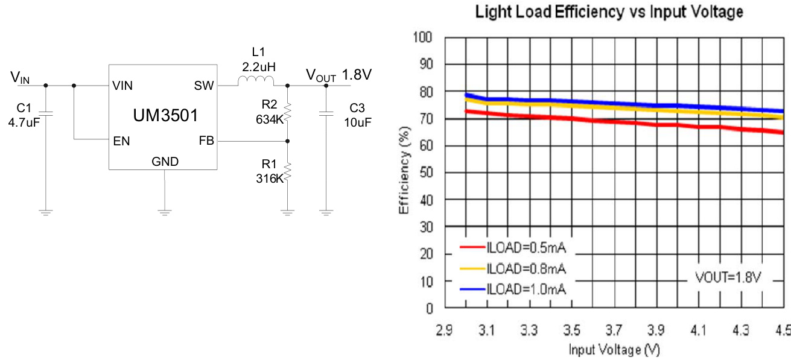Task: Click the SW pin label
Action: (204, 86)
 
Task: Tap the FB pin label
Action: (206, 141)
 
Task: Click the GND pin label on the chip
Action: (165, 162)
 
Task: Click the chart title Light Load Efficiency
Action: (609, 11)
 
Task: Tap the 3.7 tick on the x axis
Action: (614, 330)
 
